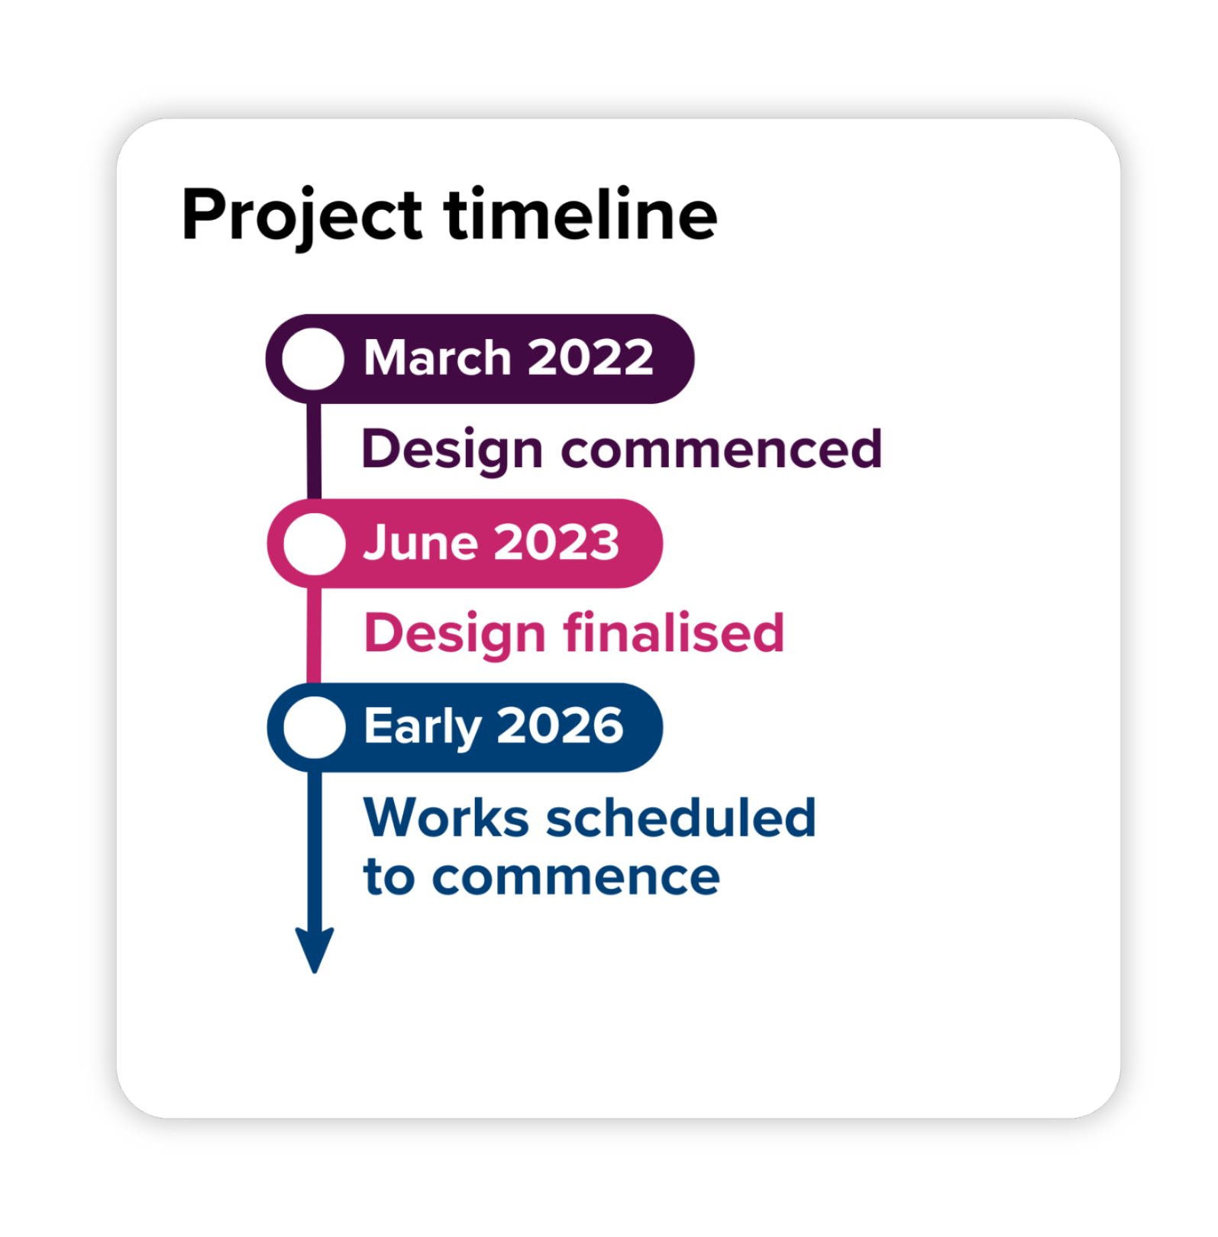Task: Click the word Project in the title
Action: pyautogui.click(x=302, y=217)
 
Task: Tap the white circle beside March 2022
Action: pyautogui.click(x=313, y=359)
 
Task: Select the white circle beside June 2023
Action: pyautogui.click(x=314, y=544)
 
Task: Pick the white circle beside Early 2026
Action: pyautogui.click(x=314, y=727)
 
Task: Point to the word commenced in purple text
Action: pyautogui.click(x=722, y=449)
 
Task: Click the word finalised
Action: pyautogui.click(x=674, y=633)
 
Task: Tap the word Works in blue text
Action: pyautogui.click(x=447, y=818)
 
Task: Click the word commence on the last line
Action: pyautogui.click(x=576, y=877)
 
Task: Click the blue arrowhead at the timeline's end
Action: pyautogui.click(x=315, y=950)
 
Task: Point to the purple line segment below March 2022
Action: pyautogui.click(x=314, y=451)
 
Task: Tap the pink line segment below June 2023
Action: pyautogui.click(x=314, y=635)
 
